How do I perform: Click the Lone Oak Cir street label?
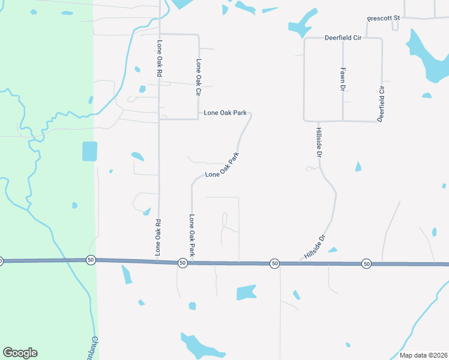tap(198, 77)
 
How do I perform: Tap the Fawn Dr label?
tap(343, 79)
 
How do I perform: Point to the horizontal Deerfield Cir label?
tap(343, 38)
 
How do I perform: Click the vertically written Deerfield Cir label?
tap(381, 103)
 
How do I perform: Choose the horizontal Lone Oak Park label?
tap(225, 112)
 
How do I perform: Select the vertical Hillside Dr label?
tap(319, 142)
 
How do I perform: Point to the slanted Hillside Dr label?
tap(315, 247)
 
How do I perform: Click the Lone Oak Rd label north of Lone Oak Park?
tap(160, 58)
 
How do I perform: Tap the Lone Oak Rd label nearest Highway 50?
tap(160, 236)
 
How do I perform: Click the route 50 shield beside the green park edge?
tap(91, 260)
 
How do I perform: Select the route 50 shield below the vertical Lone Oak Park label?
tap(182, 263)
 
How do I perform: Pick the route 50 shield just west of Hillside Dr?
tap(274, 263)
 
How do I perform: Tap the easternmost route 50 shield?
tap(366, 263)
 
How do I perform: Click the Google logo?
tap(20, 353)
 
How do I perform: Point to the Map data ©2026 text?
tap(423, 355)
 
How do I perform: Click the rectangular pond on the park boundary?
tap(89, 151)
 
